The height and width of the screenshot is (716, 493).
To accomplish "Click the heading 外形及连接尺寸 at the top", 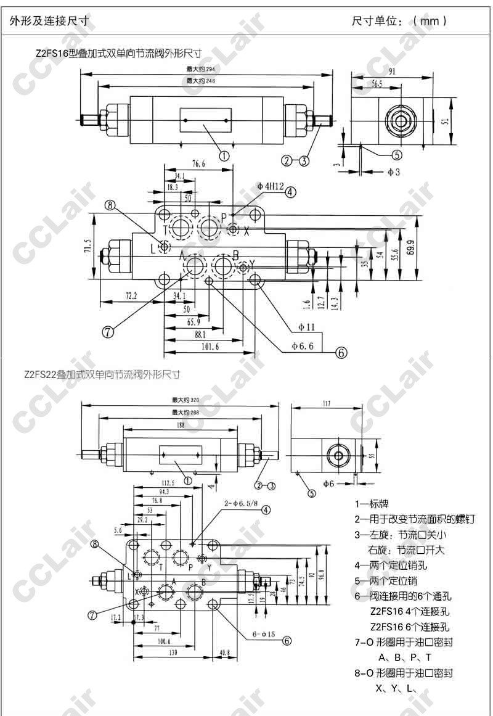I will coord(49,21).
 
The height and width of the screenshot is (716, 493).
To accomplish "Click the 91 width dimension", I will coord(393,72).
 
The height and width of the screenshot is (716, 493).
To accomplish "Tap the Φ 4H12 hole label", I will coord(270,186).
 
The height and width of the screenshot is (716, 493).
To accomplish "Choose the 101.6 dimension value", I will coord(211,347).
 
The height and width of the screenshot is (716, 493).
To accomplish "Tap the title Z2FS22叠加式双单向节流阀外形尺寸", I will coord(102,374).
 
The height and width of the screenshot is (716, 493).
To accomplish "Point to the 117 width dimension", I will coord(327,404).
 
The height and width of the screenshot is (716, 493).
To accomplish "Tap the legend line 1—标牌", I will coord(372,504).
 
